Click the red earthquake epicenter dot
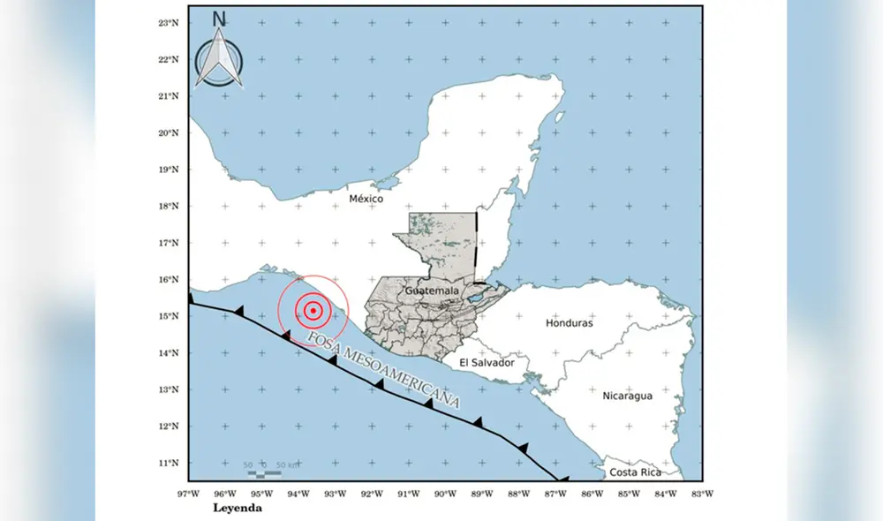coord(313,310)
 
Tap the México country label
coord(366,199)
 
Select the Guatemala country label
coord(432,291)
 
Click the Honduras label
coord(569,323)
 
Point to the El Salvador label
coord(486,363)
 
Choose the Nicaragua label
coord(627,396)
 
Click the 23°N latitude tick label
coord(170,22)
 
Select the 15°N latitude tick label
coord(170,316)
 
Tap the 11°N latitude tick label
coord(170,463)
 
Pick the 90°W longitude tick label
coord(445,494)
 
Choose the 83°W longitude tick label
coord(701,494)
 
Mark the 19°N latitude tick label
coord(170,170)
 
